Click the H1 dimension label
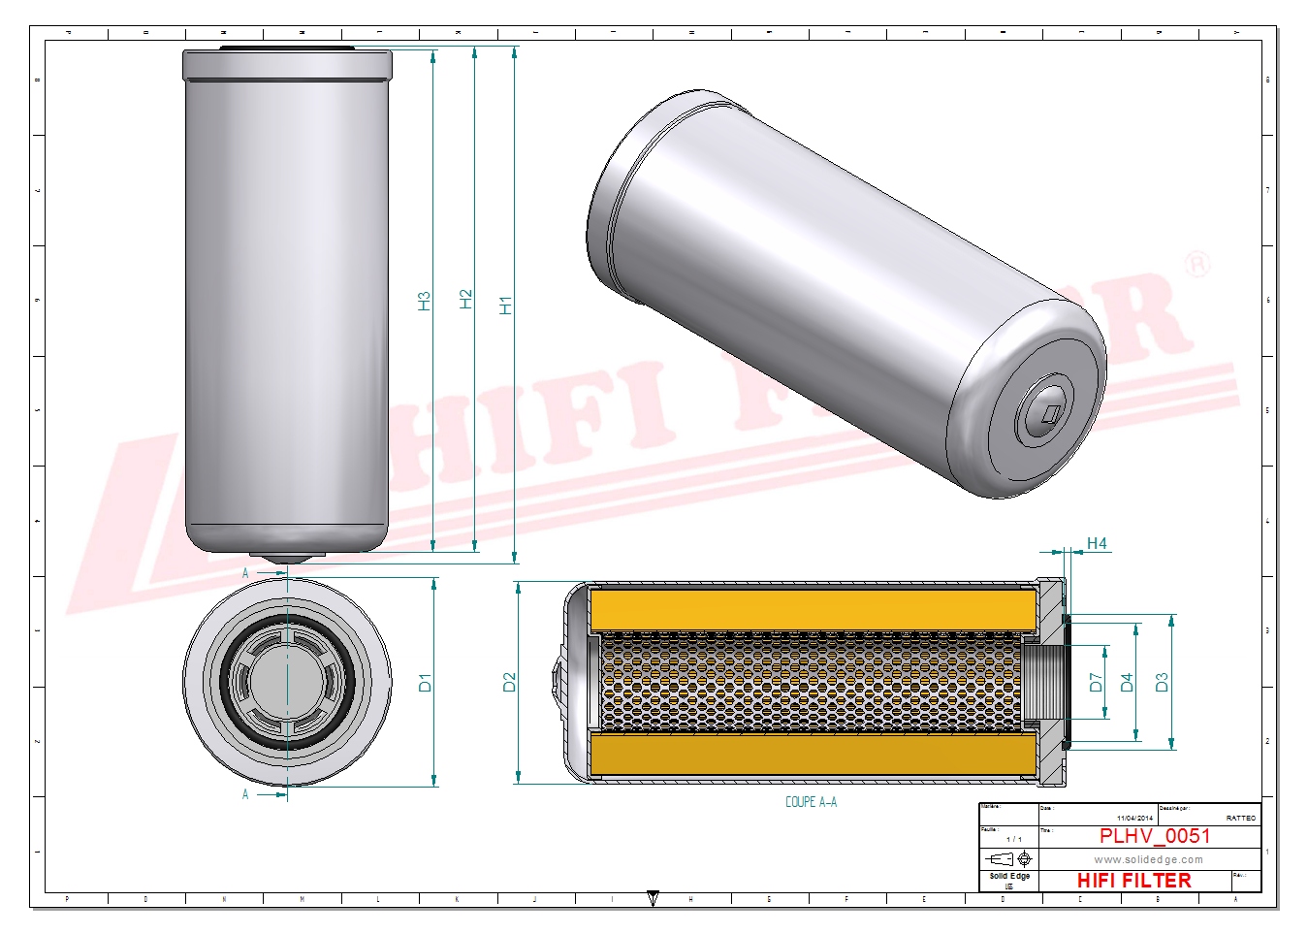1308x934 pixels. click(504, 305)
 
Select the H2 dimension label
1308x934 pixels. click(465, 299)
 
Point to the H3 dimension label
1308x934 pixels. click(424, 301)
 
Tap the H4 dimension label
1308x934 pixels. click(1097, 543)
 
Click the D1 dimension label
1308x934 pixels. click(425, 683)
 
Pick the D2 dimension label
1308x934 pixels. click(509, 683)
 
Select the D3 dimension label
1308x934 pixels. click(1162, 683)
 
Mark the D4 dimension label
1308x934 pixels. click(1126, 683)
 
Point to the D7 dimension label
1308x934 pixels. click(1096, 683)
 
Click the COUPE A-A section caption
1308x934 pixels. click(811, 802)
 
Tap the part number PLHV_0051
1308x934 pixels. click(1154, 836)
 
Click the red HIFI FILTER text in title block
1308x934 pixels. click(1133, 881)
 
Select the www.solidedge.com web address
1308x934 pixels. click(1148, 859)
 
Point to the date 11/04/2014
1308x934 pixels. click(1134, 819)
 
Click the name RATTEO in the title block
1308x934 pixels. click(1240, 819)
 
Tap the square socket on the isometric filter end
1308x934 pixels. click(1049, 415)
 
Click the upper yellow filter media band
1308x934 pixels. click(813, 609)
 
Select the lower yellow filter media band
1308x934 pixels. click(813, 754)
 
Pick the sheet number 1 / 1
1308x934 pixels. click(1013, 839)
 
